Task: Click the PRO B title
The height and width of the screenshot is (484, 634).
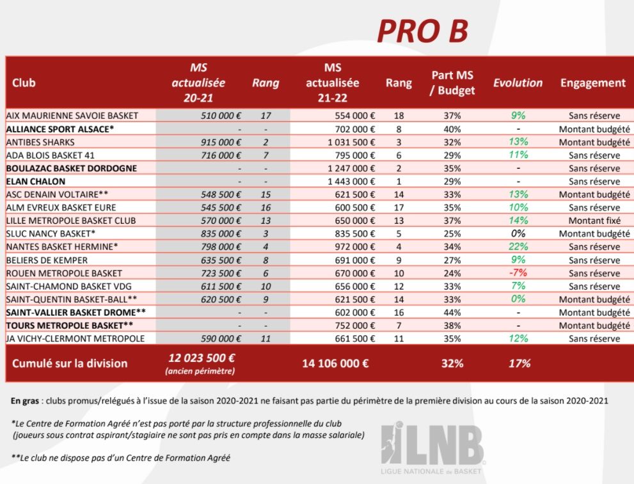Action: [x=422, y=31]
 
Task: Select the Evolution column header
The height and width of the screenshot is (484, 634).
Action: [x=518, y=83]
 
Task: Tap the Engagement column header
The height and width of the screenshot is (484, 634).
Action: [x=592, y=83]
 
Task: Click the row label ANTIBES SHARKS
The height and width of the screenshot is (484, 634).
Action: [x=40, y=142]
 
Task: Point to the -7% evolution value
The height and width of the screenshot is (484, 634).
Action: [x=518, y=273]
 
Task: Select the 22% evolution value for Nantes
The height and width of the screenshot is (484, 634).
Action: [x=518, y=247]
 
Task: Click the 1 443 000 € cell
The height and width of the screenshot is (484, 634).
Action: [x=351, y=182]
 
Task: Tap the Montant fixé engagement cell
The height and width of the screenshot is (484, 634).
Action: [x=594, y=221]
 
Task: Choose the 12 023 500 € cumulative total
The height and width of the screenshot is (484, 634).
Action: [x=202, y=358]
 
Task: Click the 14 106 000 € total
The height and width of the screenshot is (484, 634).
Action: [x=335, y=363]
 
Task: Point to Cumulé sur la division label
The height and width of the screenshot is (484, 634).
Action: [x=70, y=363]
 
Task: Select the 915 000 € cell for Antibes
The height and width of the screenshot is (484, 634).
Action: [x=221, y=142]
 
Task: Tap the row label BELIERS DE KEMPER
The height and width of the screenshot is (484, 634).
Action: [x=47, y=260]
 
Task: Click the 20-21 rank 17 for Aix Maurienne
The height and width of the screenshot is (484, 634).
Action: [x=265, y=116]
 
